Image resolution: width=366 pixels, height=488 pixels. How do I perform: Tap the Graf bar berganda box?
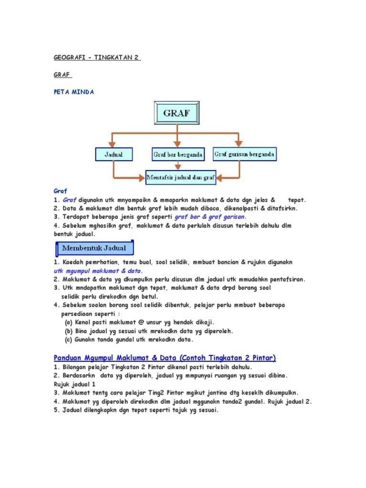[x=177, y=154]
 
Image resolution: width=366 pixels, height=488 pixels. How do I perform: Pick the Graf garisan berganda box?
[x=244, y=154]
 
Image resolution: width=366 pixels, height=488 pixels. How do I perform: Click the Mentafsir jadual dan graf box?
[x=181, y=178]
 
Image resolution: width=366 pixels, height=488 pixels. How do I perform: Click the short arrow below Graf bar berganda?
[x=177, y=166]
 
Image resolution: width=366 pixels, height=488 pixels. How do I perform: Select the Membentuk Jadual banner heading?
[x=93, y=248]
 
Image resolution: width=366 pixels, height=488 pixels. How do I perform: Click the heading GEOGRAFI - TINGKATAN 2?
[x=97, y=58]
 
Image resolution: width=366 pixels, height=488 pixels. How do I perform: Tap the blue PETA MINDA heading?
[x=74, y=92]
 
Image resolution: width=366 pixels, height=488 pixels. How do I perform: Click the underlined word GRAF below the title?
[x=62, y=75]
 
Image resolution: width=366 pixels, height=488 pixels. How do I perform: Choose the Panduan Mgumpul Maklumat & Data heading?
[x=165, y=358]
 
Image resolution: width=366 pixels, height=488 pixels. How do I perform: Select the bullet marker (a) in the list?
[x=69, y=322]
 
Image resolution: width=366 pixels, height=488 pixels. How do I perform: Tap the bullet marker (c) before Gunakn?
[x=69, y=339]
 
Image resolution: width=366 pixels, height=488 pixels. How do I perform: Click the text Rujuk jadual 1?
[x=75, y=384]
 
